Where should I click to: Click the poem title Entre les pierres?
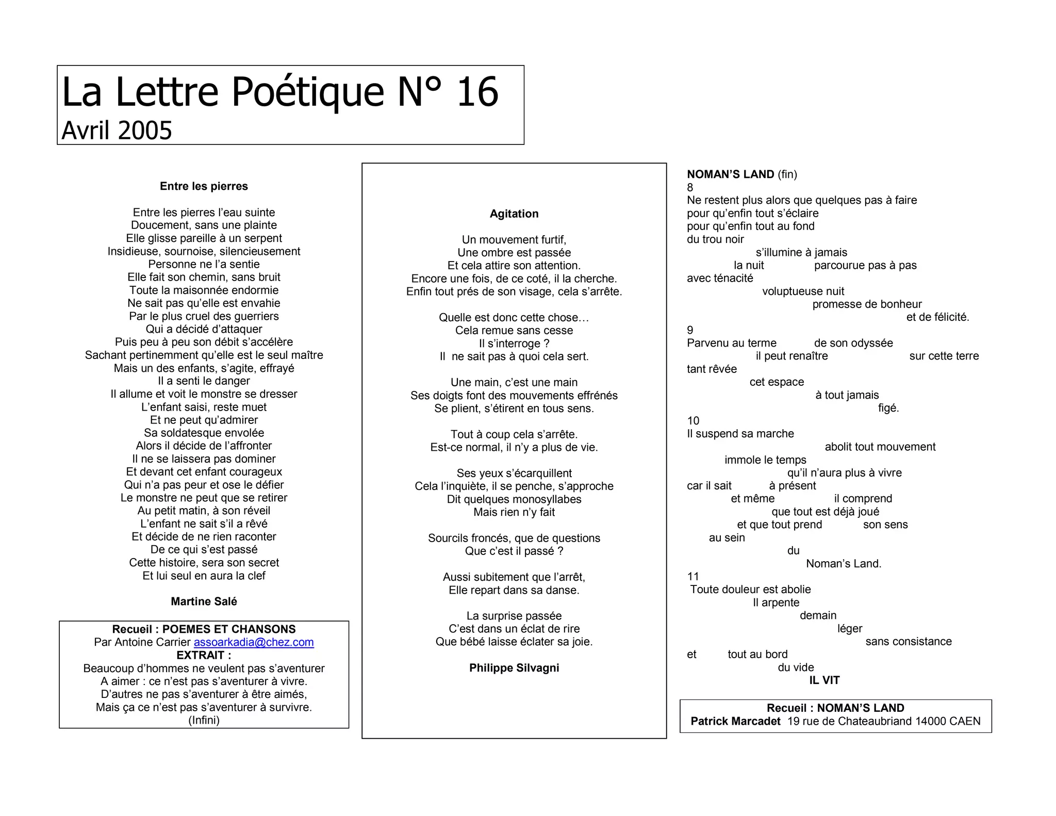click(204, 186)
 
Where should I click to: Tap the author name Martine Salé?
click(204, 601)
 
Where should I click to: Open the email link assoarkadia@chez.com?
click(254, 642)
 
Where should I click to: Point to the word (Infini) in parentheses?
click(204, 720)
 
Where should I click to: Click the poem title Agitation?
click(514, 214)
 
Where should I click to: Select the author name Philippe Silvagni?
click(514, 668)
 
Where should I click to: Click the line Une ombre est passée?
click(514, 253)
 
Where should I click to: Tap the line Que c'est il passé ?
click(514, 551)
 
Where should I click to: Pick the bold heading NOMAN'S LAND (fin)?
click(741, 174)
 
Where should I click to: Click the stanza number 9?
click(690, 330)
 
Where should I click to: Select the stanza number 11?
click(693, 577)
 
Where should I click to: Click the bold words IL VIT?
click(824, 680)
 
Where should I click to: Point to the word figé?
click(888, 408)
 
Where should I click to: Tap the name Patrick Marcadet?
click(735, 721)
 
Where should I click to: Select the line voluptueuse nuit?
click(803, 291)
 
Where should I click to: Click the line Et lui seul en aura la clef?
click(204, 576)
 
